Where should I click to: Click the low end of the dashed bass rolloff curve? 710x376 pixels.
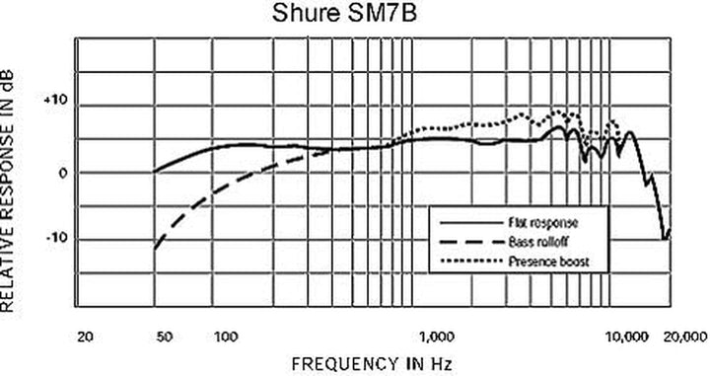click(x=155, y=250)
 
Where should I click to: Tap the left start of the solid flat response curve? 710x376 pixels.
click(x=155, y=171)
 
